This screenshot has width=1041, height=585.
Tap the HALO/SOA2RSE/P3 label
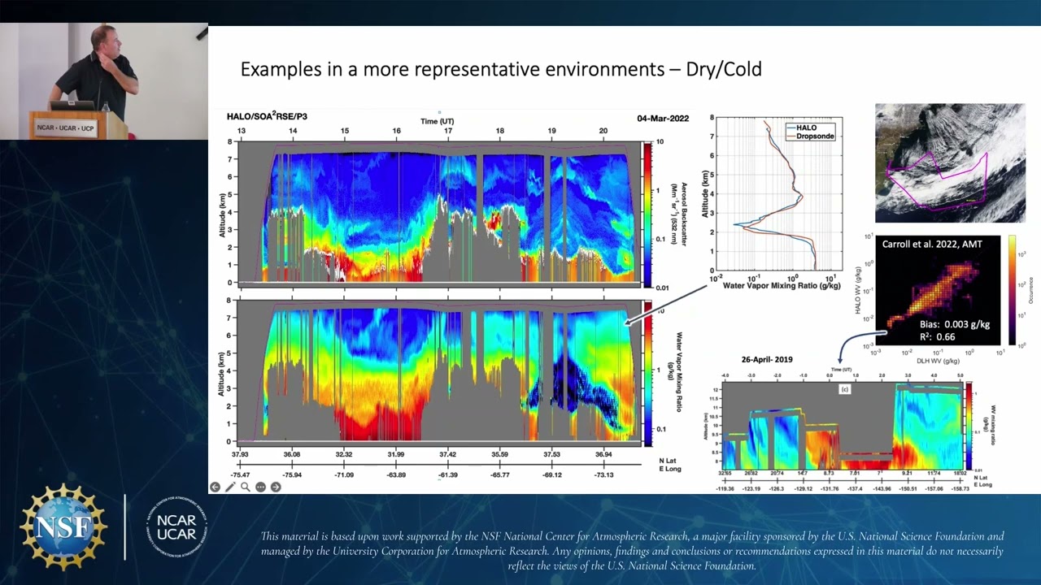[267, 117]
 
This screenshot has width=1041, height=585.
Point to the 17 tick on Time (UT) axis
[448, 131]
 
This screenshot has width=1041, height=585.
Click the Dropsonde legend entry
[814, 136]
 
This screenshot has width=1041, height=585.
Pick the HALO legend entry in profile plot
[807, 128]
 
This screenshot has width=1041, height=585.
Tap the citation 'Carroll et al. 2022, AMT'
[937, 244]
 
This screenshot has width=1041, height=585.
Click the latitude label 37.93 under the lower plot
[241, 454]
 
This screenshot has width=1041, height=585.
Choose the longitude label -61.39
[447, 474]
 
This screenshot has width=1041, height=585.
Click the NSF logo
[63, 526]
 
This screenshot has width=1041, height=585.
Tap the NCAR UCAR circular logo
[177, 526]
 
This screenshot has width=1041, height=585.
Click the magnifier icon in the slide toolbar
[246, 487]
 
